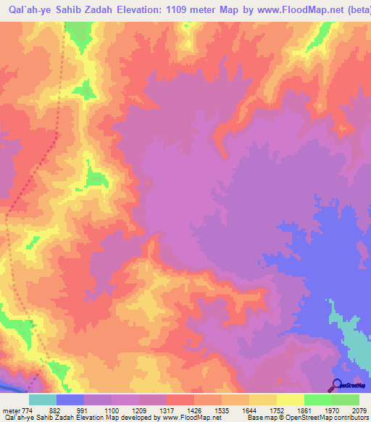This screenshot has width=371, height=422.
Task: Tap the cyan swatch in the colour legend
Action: point(43,400)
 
